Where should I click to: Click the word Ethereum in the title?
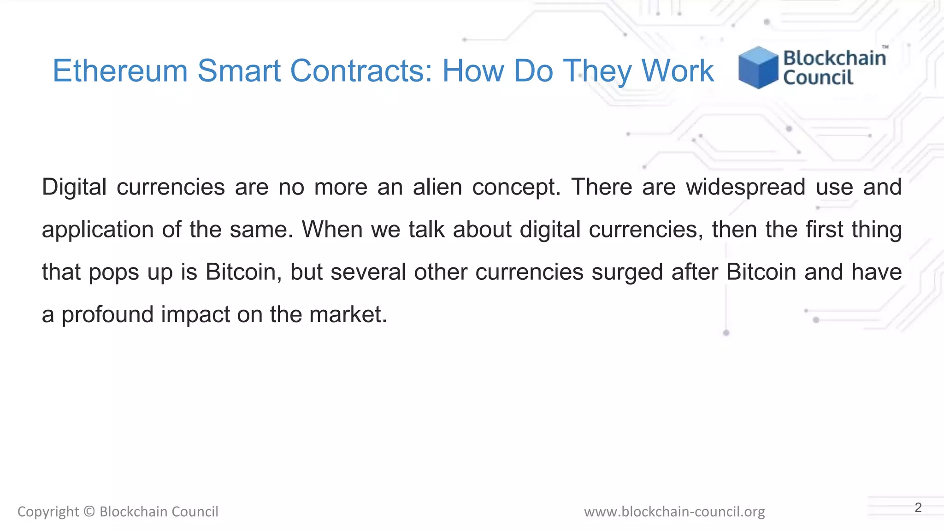point(120,71)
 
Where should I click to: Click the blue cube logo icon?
point(758,67)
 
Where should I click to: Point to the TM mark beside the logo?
point(885,47)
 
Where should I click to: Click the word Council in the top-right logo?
point(818,77)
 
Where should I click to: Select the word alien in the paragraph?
point(437,187)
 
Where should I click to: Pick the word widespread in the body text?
point(746,187)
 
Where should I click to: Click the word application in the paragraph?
point(98,230)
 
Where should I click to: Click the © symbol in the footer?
point(89,512)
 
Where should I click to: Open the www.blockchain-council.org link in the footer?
point(674,512)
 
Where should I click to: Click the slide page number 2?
point(918,507)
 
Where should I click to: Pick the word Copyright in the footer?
point(48,512)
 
